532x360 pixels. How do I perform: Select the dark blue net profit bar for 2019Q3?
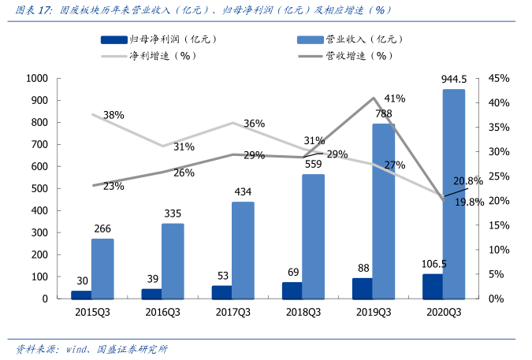tap(362, 289)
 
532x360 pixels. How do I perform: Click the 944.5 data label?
tap(455, 79)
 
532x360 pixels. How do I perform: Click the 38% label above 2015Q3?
tap(113, 115)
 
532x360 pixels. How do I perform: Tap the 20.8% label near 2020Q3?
tap(468, 181)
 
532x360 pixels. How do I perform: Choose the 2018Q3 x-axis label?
tap(303, 312)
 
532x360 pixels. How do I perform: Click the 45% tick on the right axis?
tap(500, 79)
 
